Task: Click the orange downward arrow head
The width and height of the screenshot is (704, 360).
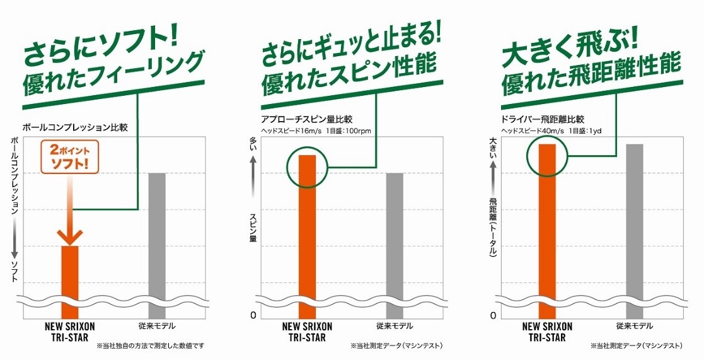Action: (x=70, y=236)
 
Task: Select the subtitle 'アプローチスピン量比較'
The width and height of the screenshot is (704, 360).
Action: (x=309, y=119)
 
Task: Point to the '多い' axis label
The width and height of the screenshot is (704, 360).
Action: (x=253, y=144)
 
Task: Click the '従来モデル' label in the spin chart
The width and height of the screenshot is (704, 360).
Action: (x=394, y=327)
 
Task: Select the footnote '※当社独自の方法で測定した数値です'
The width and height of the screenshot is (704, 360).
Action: (x=151, y=346)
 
